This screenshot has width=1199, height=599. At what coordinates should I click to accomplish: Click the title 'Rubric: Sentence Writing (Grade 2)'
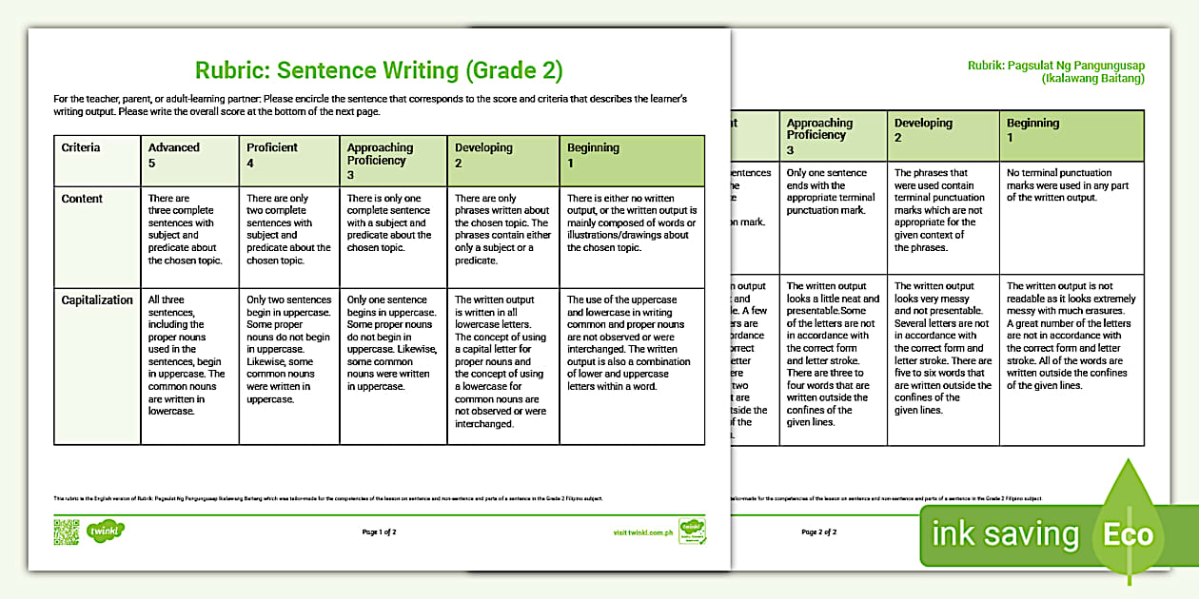[x=379, y=70]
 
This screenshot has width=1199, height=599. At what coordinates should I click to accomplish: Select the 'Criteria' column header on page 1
[x=81, y=148]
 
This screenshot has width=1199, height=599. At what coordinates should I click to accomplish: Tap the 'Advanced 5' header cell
[x=174, y=154]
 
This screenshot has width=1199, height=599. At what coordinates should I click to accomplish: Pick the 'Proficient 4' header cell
[x=272, y=154]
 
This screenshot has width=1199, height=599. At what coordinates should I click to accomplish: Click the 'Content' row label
[x=82, y=199]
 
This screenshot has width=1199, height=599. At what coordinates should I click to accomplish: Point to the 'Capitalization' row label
[x=97, y=300]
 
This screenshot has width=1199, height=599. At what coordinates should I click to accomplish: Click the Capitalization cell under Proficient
[x=288, y=350]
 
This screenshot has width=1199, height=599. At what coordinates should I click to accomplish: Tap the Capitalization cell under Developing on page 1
[x=501, y=361]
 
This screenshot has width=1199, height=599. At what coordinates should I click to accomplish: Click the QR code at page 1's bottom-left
[x=66, y=532]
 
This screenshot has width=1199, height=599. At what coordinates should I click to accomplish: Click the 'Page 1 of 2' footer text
[x=380, y=532]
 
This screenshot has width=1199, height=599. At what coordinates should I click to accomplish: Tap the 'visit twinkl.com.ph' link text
[x=644, y=532]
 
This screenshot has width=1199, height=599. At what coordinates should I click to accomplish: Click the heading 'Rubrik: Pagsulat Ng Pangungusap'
[x=1055, y=65]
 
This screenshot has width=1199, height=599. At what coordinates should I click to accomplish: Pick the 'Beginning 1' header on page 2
[x=1033, y=130]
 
